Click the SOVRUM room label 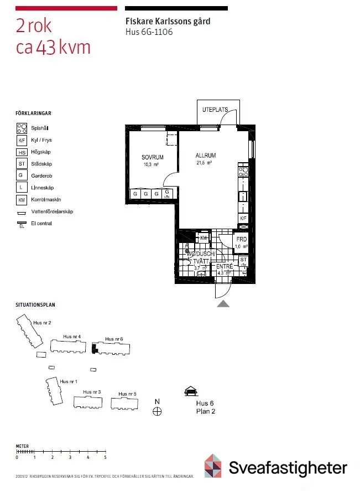pyautogui.click(x=152, y=157)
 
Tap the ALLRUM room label pyautogui.click(x=205, y=156)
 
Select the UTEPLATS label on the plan pyautogui.click(x=215, y=110)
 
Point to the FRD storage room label pyautogui.click(x=242, y=240)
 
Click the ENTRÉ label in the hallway pyautogui.click(x=224, y=266)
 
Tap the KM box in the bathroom pyautogui.click(x=204, y=238)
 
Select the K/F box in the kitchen pyautogui.click(x=243, y=219)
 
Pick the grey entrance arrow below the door pyautogui.click(x=223, y=303)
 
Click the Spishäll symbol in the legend pyautogui.click(x=22, y=128)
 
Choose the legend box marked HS pyautogui.click(x=22, y=152)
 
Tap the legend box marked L pyautogui.click(x=22, y=188)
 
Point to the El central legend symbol pyautogui.click(x=22, y=224)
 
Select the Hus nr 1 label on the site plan pyautogui.click(x=69, y=382)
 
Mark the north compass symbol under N pyautogui.click(x=158, y=411)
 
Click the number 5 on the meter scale pyautogui.click(x=105, y=458)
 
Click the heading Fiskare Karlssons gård pyautogui.click(x=168, y=22)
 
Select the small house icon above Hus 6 pyautogui.click(x=191, y=392)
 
